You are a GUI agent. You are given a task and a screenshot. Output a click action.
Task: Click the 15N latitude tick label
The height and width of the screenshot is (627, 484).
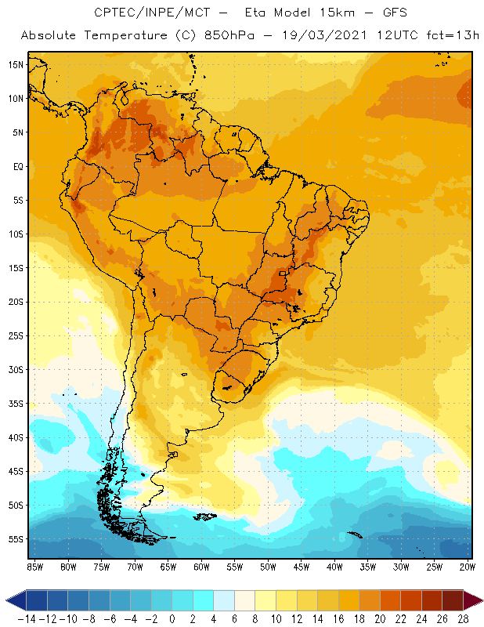click(x=16, y=64)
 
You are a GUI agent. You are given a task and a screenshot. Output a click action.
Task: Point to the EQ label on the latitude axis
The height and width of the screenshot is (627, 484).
click(x=16, y=166)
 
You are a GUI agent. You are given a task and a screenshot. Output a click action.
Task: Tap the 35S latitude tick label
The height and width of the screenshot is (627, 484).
click(x=16, y=404)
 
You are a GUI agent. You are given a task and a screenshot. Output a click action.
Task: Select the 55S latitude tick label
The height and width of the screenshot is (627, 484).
click(x=16, y=539)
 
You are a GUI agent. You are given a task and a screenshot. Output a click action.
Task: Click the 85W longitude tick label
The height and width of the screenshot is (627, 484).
click(x=34, y=567)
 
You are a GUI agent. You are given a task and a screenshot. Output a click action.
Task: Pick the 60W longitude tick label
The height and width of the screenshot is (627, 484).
click(x=201, y=567)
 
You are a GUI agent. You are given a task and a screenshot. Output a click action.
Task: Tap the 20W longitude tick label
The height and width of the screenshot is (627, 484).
click(x=468, y=567)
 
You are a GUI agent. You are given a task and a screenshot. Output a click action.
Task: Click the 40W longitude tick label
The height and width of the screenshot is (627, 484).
click(x=334, y=567)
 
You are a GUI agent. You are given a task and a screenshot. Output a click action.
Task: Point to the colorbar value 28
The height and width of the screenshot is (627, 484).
click(x=462, y=619)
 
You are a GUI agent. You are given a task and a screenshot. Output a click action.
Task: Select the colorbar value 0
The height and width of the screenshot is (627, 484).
click(x=172, y=619)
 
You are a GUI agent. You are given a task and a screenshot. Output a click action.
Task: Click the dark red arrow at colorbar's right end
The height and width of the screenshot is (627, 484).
click(x=473, y=601)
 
